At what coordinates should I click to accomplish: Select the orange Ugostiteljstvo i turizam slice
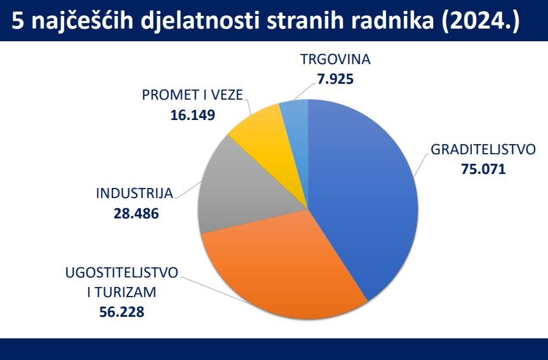(283, 269)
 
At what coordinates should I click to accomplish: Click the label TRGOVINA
(335, 60)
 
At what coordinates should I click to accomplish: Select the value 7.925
(335, 79)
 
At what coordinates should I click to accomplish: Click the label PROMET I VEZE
(192, 95)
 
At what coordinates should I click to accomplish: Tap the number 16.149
(192, 115)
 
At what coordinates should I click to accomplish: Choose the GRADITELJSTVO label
(483, 150)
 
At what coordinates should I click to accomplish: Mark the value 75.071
(483, 170)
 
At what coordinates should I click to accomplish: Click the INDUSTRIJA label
(135, 194)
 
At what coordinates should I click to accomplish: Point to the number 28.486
(137, 213)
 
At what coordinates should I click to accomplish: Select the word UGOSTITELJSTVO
(122, 273)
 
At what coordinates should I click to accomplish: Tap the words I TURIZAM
(122, 293)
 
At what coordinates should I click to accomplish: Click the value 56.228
(122, 312)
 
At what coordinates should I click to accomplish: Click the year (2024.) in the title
(481, 22)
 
